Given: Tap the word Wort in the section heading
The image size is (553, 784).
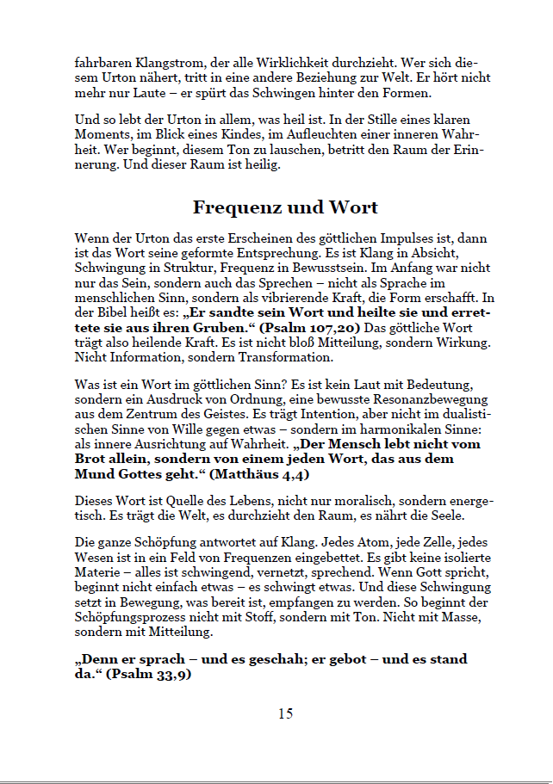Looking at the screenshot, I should pos(352,207).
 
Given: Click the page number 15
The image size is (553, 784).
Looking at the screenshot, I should pos(285,713).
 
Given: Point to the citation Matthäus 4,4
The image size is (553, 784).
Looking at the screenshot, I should pos(258,474).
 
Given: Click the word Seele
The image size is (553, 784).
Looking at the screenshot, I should pos(442,515).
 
